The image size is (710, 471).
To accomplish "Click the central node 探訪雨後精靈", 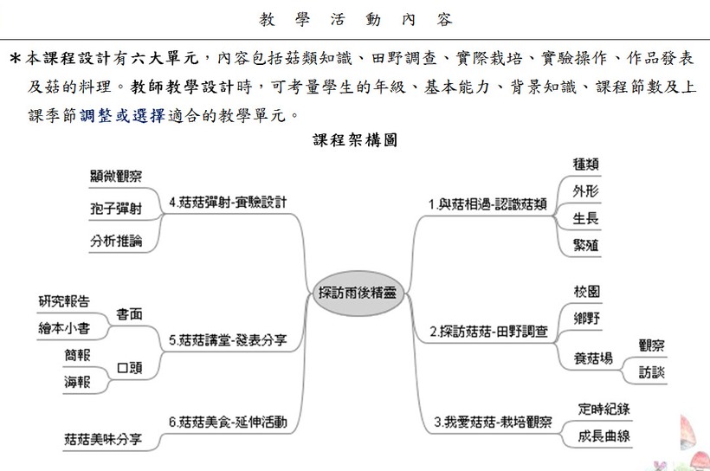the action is pyautogui.click(x=358, y=293).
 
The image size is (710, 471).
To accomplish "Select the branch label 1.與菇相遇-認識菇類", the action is pyautogui.click(x=487, y=204).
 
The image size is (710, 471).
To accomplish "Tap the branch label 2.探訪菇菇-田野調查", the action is pyautogui.click(x=488, y=332).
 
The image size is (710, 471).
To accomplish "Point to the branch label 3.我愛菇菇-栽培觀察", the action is pyautogui.click(x=493, y=423).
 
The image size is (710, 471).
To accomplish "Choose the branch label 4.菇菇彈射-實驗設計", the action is pyautogui.click(x=228, y=202).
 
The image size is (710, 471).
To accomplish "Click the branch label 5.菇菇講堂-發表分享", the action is pyautogui.click(x=228, y=339).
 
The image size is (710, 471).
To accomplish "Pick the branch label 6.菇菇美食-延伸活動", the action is pyautogui.click(x=228, y=423).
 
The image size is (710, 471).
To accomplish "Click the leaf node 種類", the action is pyautogui.click(x=585, y=164).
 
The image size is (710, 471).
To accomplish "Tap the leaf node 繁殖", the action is pyautogui.click(x=585, y=245).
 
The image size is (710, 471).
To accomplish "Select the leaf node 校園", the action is pyautogui.click(x=586, y=291).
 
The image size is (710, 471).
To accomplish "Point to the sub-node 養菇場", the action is pyautogui.click(x=593, y=358).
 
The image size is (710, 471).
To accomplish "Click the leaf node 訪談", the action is pyautogui.click(x=652, y=372).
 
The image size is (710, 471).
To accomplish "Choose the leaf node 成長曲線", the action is pyautogui.click(x=604, y=436).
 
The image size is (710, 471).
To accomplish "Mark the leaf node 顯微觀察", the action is pyautogui.click(x=116, y=176).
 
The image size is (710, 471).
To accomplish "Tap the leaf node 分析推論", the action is pyautogui.click(x=116, y=241).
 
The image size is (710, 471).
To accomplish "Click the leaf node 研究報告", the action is pyautogui.click(x=64, y=301).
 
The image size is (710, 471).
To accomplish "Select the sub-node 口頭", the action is pyautogui.click(x=130, y=367).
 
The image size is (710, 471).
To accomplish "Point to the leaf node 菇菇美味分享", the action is pyautogui.click(x=103, y=439).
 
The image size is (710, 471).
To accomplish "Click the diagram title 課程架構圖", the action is pyautogui.click(x=355, y=140).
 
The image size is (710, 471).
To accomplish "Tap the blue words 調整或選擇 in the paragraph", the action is pyautogui.click(x=122, y=116).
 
